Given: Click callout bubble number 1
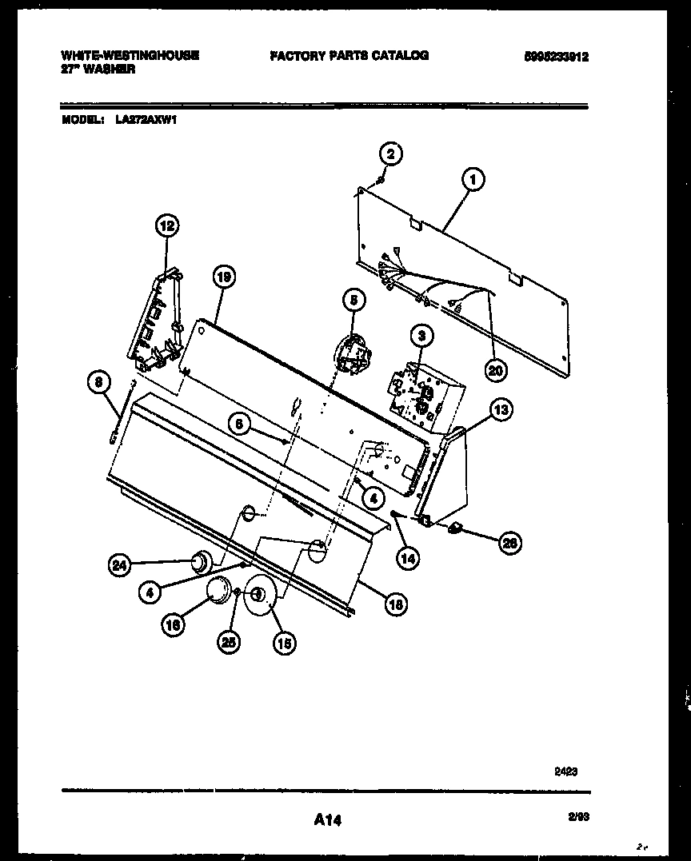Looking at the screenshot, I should (x=473, y=181).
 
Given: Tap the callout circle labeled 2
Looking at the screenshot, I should (x=390, y=153).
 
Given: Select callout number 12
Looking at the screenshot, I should (x=167, y=226).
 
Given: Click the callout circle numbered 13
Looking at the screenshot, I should (x=500, y=410).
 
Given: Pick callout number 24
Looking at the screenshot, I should (x=118, y=565).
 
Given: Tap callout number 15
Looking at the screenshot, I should (x=283, y=641).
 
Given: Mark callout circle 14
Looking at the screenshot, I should (x=408, y=559).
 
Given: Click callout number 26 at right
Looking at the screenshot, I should (x=509, y=543).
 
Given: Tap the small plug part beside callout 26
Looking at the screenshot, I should (x=456, y=527).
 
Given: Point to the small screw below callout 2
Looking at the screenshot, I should (x=381, y=179).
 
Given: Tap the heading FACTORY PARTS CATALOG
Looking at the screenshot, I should (x=349, y=55).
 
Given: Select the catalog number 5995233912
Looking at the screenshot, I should (x=556, y=56).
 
